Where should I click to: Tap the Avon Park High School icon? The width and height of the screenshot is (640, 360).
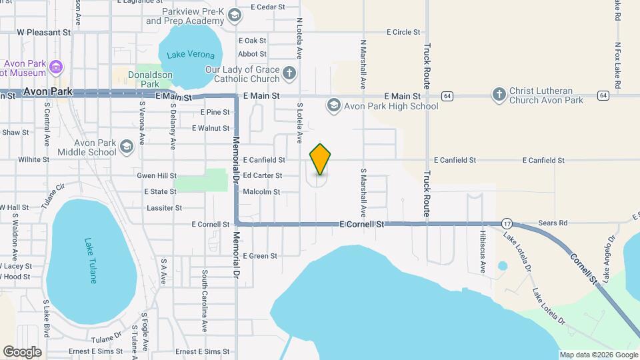tap(333, 105)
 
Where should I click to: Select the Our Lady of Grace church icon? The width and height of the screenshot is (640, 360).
tap(289, 74)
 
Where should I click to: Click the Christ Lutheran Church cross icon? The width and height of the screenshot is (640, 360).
tap(499, 95)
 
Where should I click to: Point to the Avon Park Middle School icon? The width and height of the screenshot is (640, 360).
tap(126, 147)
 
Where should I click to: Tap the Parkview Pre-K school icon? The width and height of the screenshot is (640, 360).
tap(234, 15)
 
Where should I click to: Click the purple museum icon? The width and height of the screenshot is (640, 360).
tap(56, 67)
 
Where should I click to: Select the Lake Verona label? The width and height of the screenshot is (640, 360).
tap(191, 55)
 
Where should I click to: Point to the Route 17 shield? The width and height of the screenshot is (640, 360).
tap(507, 223)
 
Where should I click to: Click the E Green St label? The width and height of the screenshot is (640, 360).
tap(259, 256)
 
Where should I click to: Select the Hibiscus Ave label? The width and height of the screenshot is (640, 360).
tap(483, 253)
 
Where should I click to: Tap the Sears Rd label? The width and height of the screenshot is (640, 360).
tap(553, 223)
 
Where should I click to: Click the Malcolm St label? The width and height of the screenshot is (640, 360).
tap(261, 192)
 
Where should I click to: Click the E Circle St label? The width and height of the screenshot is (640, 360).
tap(405, 32)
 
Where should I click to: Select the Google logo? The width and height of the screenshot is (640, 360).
tap(22, 351)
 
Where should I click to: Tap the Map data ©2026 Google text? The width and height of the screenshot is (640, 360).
tap(598, 355)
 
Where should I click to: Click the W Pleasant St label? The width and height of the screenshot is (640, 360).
tap(43, 31)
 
